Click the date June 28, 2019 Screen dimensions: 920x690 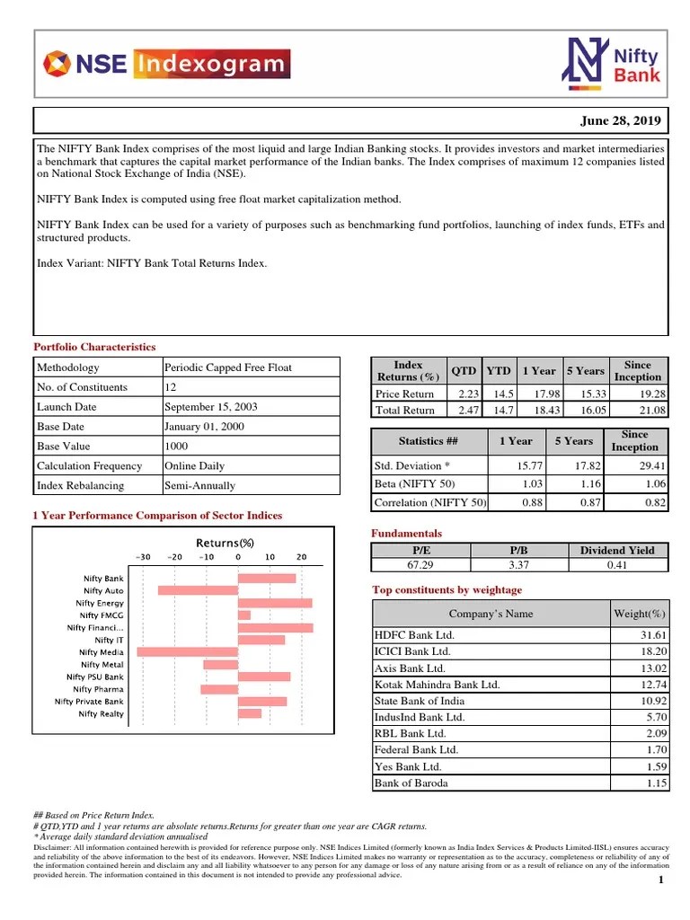tap(621, 120)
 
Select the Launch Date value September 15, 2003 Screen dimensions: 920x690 tap(210, 407)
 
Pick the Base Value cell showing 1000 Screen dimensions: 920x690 tap(176, 447)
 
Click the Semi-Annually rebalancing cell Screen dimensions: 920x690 tap(199, 486)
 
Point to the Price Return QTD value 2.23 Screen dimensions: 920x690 tap(464, 394)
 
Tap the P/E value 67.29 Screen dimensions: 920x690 tap(420, 565)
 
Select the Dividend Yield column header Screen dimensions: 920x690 tap(617, 550)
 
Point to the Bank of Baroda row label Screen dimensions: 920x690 tap(411, 783)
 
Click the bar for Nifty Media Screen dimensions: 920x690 tap(187, 651)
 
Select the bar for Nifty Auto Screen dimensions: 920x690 tap(198, 590)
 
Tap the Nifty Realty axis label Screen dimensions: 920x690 tap(101, 713)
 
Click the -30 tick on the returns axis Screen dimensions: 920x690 tap(145, 557)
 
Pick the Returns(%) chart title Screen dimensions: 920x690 tap(226, 543)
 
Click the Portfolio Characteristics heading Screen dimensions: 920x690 tap(94, 347)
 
